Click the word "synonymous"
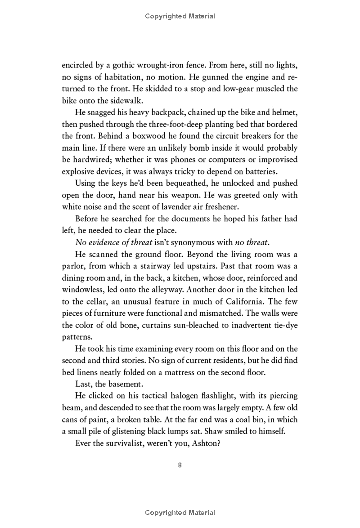[189, 243]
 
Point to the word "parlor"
[73, 267]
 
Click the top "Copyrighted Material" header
[180, 16]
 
